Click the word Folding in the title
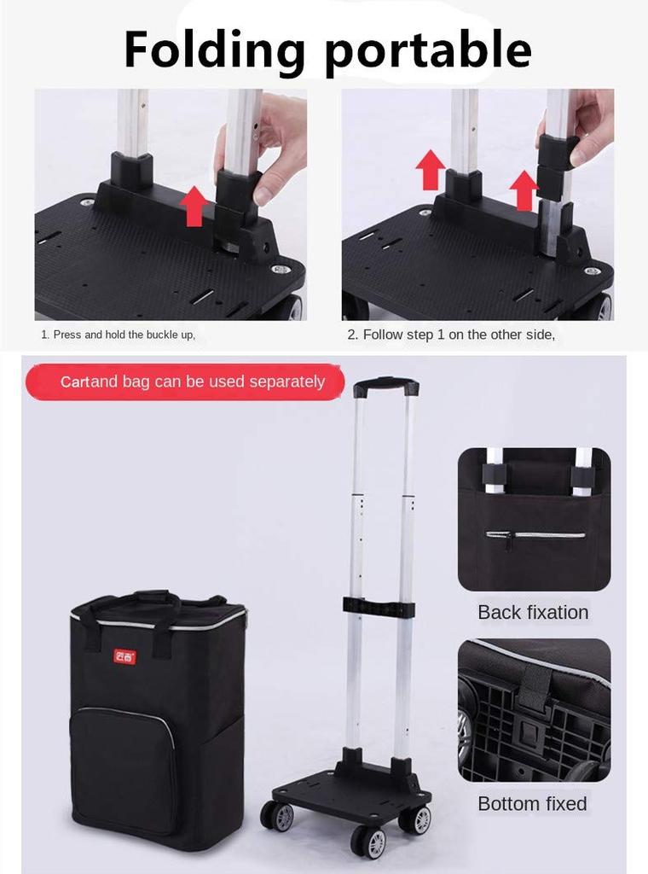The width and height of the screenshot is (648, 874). (x=214, y=50)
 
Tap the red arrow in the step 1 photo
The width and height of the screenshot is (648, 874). (x=194, y=206)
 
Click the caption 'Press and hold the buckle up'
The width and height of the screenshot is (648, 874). (x=119, y=335)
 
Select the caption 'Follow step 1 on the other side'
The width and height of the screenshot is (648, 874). (x=450, y=335)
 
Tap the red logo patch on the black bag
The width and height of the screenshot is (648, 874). (x=124, y=656)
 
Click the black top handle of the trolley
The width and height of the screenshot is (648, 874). (x=385, y=387)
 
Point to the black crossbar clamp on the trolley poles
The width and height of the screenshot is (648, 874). (x=379, y=609)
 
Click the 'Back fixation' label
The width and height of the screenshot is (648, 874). (x=533, y=612)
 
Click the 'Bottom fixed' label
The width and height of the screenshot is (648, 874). (x=532, y=803)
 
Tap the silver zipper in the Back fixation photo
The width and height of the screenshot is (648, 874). (x=535, y=535)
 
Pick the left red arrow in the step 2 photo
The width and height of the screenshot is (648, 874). (x=431, y=169)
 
